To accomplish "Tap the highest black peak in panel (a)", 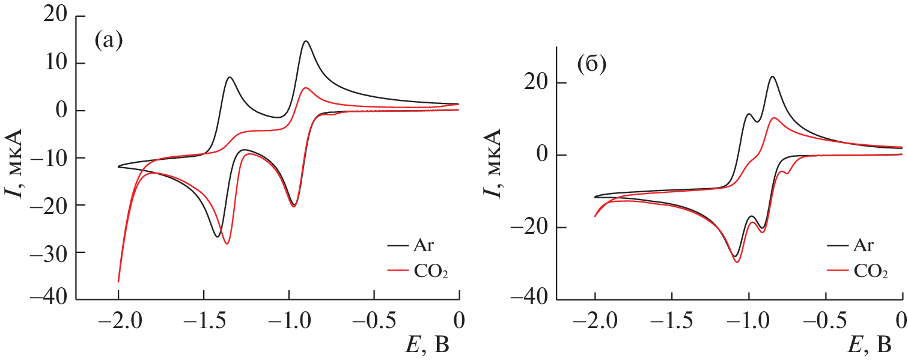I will (306, 41).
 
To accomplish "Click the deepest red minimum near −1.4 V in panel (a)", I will (227, 243).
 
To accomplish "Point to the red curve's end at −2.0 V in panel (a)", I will (118, 281).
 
